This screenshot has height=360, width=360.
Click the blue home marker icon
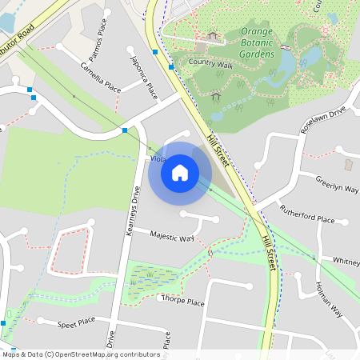[x=180, y=172]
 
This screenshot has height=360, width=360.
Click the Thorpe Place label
[x=183, y=302]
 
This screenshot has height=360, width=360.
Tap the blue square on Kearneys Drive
[x=125, y=130]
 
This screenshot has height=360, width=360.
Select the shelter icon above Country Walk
[x=212, y=36]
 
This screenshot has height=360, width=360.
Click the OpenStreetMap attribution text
[x=81, y=354]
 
